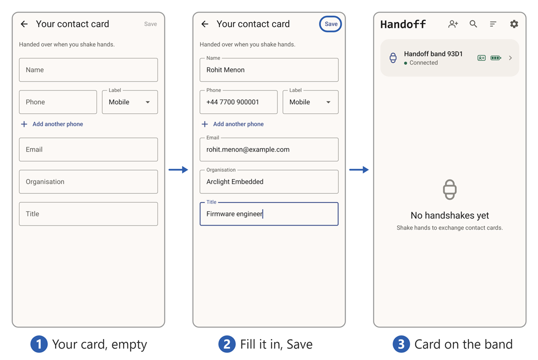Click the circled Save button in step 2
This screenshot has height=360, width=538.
coord(330,24)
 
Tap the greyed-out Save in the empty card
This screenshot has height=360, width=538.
coord(150,24)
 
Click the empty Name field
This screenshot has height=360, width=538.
coord(88,70)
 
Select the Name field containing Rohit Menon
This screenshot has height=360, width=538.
coord(269,70)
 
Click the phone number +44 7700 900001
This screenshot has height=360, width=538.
coord(232,102)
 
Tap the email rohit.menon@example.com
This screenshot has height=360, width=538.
coord(247,149)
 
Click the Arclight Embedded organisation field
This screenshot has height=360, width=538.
coord(269,182)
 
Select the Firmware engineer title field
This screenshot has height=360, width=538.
coord(269,214)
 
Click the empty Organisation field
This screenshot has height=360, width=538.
coord(88,182)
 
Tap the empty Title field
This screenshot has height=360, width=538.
coord(88,214)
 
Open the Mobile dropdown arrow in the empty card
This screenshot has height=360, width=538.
coord(147,102)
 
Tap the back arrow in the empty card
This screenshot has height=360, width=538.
coord(24,24)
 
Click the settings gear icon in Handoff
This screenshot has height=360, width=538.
coord(514,24)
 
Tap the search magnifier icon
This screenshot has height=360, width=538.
coord(473,24)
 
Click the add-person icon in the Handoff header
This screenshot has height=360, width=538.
coord(453,24)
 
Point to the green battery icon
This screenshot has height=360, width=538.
coord(496,58)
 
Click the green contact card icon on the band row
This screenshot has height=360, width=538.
coord(481,58)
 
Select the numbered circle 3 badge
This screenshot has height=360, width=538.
coord(401,344)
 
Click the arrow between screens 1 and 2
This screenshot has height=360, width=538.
coord(178,169)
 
